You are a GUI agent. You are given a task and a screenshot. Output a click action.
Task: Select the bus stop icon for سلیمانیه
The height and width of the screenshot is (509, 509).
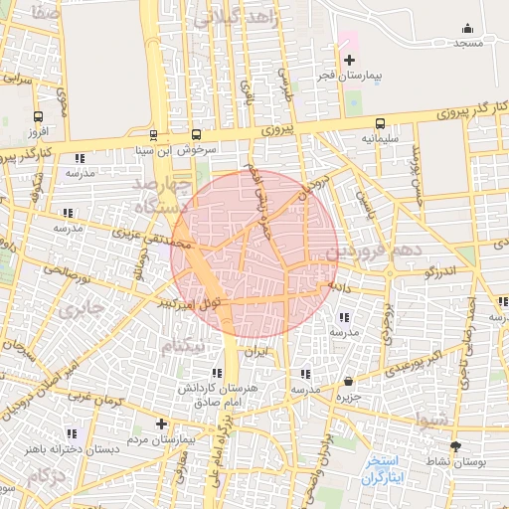coord(380,125)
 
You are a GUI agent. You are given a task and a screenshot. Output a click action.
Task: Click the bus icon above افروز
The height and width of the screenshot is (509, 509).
coord(39,116)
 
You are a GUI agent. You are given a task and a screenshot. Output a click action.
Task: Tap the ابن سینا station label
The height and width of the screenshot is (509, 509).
coord(155,150)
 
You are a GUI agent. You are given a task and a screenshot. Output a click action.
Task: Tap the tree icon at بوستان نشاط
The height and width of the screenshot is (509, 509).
coord(455,447)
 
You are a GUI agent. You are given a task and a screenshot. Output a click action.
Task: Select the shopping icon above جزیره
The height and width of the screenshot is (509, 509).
coord(348,381)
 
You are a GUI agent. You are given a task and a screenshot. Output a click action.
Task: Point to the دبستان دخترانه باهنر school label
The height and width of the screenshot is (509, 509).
coord(74,448)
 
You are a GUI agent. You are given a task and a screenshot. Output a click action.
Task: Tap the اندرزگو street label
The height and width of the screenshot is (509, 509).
coord(438,269)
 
